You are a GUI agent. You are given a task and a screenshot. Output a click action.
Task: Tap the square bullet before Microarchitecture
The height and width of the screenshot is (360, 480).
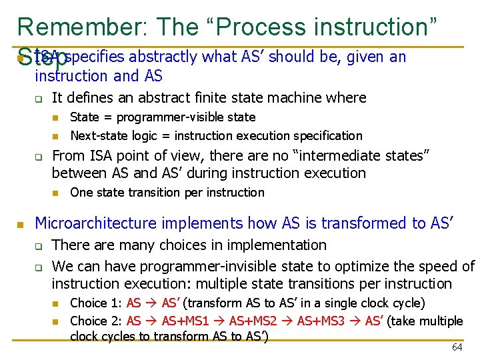coord(21,224)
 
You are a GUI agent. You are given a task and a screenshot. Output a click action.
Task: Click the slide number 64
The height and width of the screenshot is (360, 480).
coord(457,347)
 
